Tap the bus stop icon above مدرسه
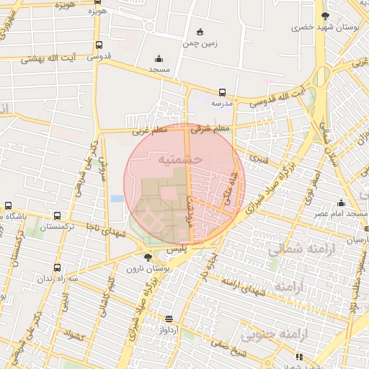222,92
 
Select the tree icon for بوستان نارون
148,257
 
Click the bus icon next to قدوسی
99,45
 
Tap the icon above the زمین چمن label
200,32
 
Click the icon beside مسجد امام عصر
341,203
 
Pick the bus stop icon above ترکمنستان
57,215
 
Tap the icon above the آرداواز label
169,319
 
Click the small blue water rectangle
117,198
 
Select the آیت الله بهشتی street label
50,58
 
